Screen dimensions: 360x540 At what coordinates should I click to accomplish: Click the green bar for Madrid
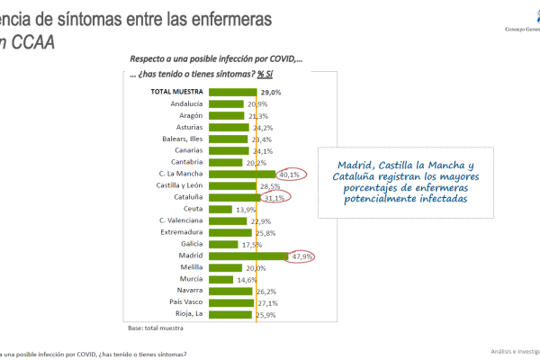[247, 256]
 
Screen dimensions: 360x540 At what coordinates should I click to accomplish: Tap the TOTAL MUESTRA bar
[232, 92]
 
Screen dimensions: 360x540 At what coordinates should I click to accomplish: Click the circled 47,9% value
[302, 256]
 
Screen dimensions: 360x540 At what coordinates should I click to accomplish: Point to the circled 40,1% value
[290, 174]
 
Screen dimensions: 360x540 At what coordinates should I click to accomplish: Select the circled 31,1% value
[275, 197]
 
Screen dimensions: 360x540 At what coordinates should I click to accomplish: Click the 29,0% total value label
[271, 92]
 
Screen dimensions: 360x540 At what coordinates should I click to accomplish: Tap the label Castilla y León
[175, 185]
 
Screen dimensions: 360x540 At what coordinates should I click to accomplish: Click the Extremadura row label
[180, 232]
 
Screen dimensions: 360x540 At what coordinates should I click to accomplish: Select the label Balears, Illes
[179, 139]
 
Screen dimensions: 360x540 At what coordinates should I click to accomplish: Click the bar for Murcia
[221, 279]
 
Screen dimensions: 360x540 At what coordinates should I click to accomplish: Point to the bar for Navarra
[230, 291]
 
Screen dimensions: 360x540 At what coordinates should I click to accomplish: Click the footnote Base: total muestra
[157, 328]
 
